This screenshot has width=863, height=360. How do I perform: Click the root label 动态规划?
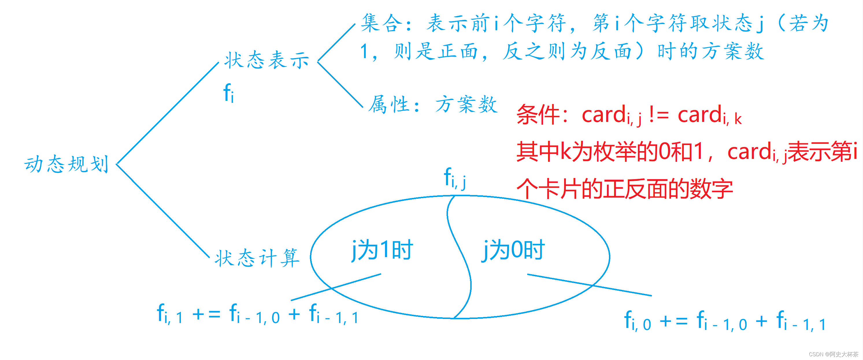click(x=67, y=164)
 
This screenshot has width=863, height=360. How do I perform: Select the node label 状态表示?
click(x=267, y=60)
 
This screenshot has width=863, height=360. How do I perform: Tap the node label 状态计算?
click(x=257, y=258)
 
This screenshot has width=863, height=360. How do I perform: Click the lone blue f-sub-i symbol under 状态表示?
click(x=229, y=93)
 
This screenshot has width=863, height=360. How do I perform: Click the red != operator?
click(x=659, y=114)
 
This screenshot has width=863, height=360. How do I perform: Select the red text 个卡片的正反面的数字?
click(x=625, y=189)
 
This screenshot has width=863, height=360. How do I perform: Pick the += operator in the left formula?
click(x=206, y=314)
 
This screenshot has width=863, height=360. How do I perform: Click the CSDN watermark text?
click(x=834, y=354)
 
